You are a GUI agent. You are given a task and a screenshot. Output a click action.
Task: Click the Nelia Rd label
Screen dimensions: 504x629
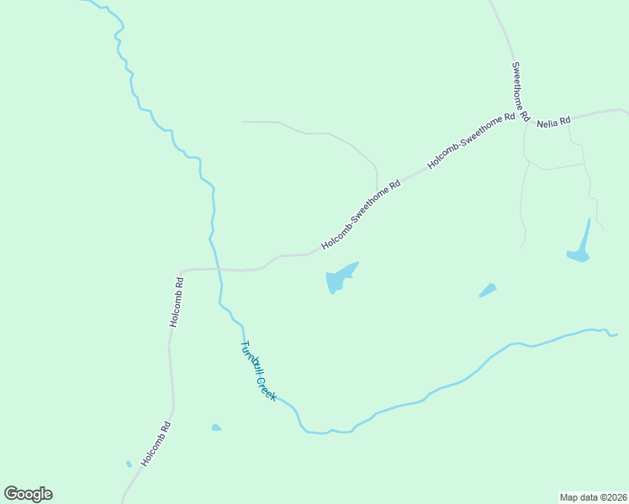point(554,120)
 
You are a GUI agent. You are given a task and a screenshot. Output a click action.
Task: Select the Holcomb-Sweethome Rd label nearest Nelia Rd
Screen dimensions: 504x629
point(471,141)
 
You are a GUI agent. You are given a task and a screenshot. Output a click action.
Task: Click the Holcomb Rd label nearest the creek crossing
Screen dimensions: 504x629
point(176,302)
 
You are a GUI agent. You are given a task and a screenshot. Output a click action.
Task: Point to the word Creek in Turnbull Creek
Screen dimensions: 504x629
point(266,388)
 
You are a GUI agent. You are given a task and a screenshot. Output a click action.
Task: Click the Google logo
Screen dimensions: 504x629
point(28,494)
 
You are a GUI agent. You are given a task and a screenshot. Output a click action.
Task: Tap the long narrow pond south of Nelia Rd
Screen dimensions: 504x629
point(579,249)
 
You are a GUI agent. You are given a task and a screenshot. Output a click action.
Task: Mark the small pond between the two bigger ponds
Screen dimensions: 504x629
point(488,290)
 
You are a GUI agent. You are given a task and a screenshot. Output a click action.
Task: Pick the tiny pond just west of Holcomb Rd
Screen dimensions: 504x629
point(129,464)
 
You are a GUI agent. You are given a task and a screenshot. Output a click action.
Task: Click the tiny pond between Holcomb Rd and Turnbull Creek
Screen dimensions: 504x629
point(216,428)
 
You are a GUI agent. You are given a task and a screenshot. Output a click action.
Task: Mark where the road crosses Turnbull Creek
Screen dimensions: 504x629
point(217,270)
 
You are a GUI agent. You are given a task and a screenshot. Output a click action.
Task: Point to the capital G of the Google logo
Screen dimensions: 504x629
point(11,493)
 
